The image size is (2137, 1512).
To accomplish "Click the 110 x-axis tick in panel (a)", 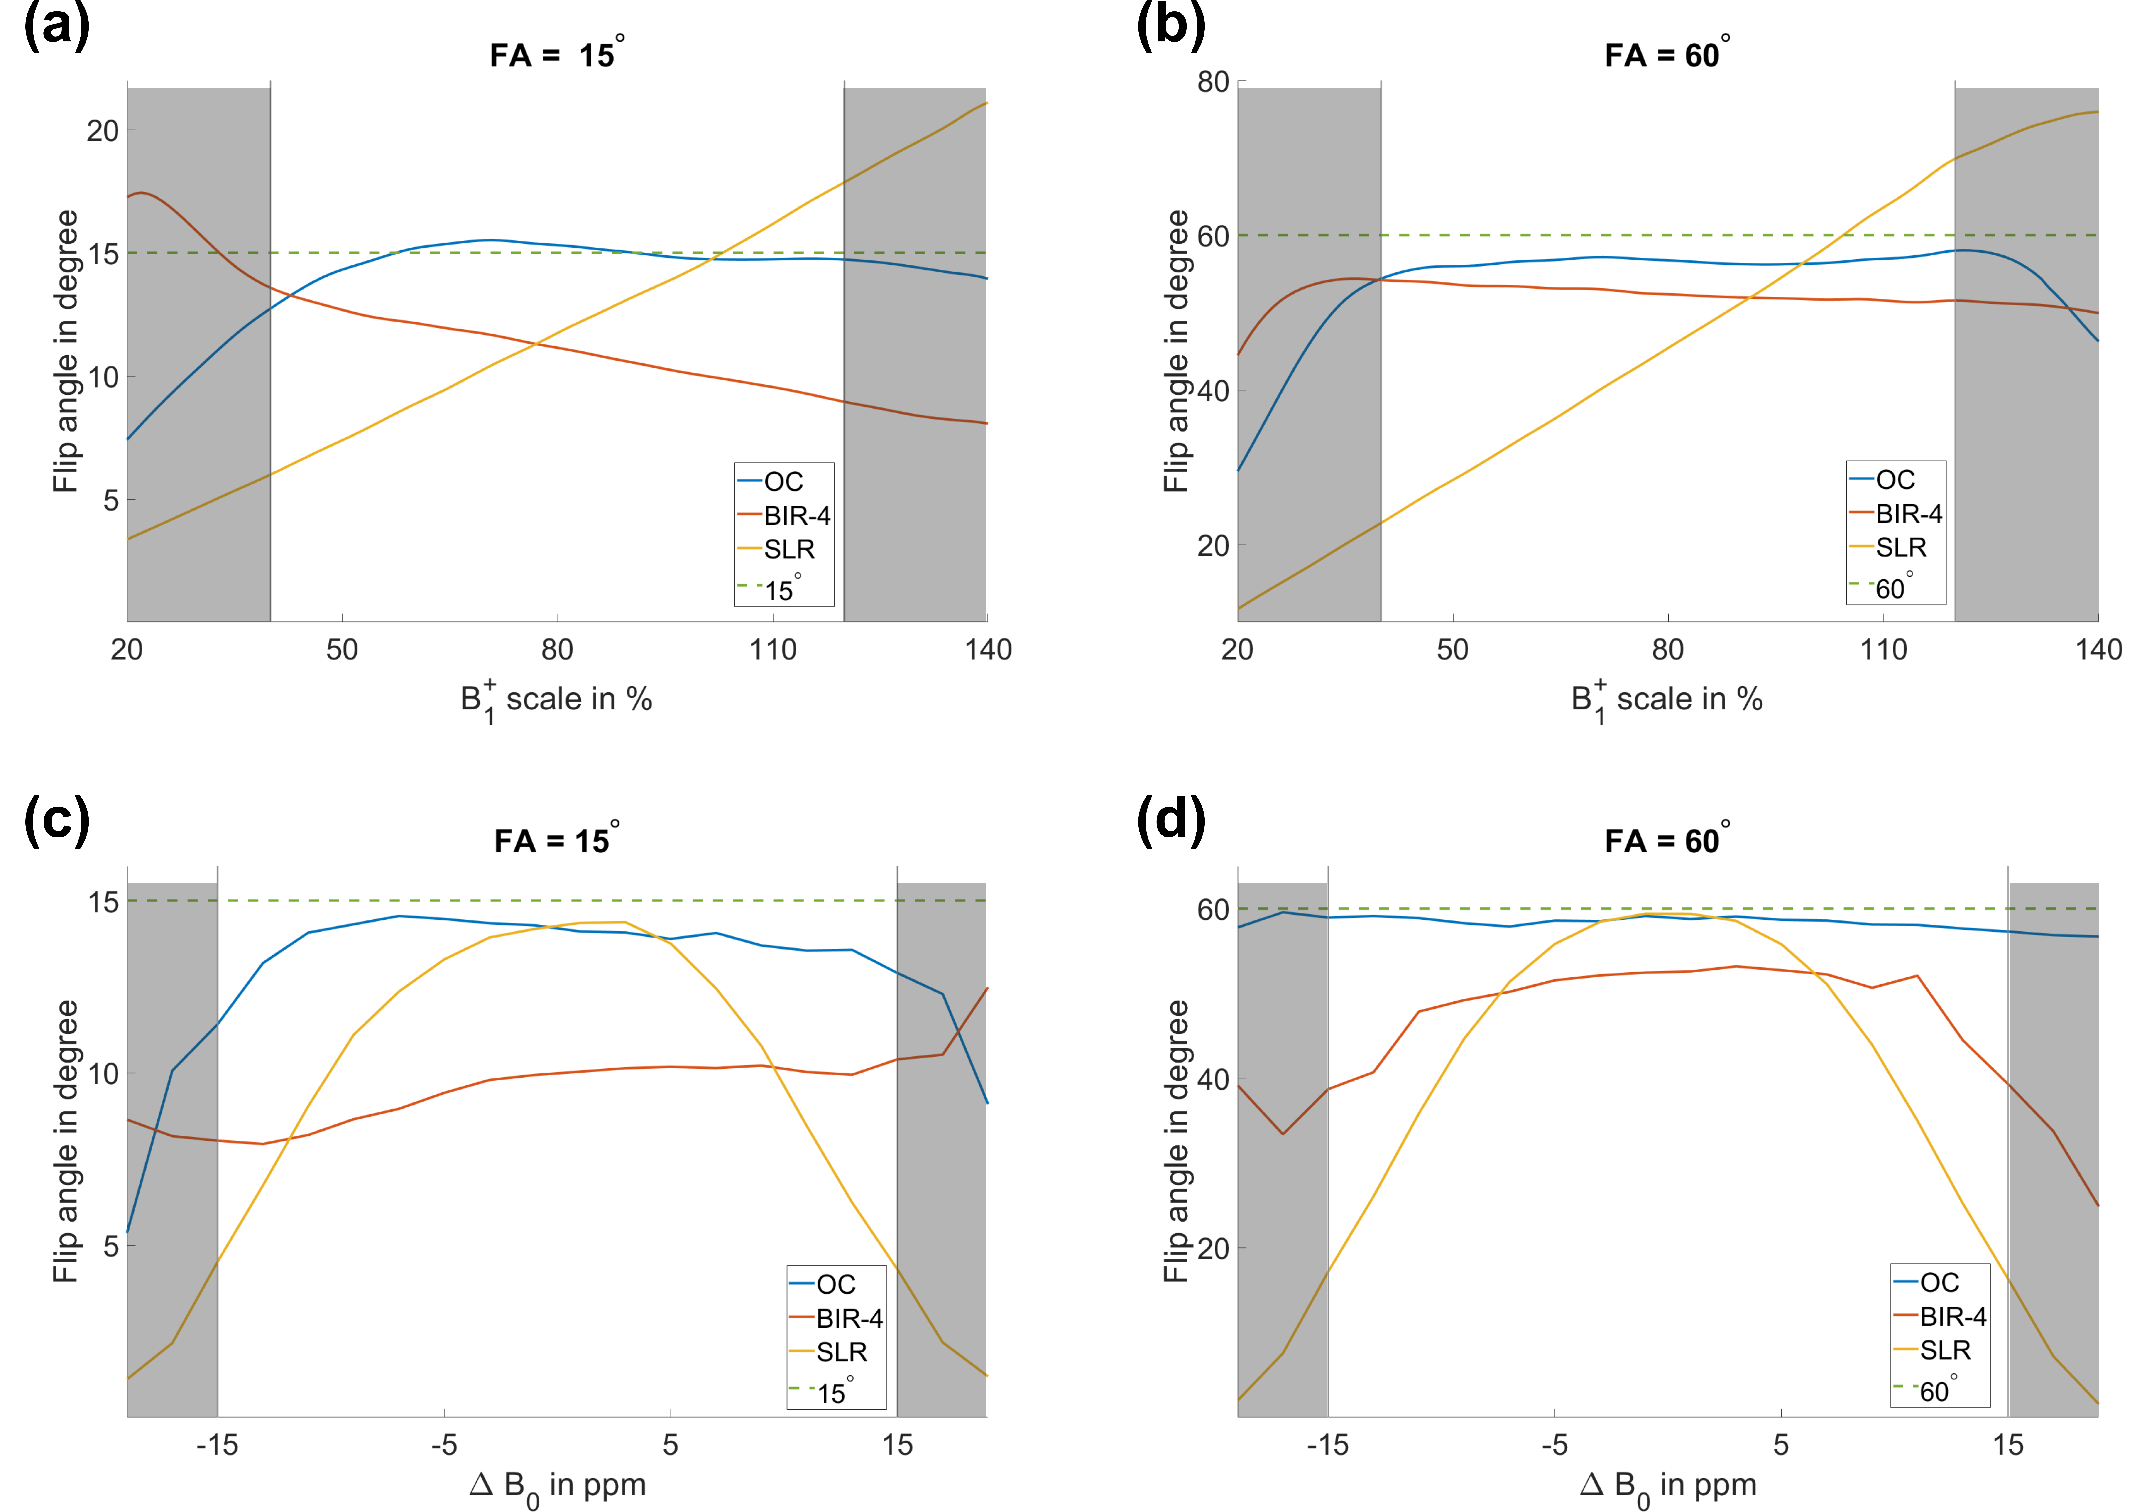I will (x=773, y=649).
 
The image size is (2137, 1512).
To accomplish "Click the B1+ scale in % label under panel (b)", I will (x=1666, y=699).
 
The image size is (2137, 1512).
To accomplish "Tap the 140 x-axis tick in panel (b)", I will (x=2098, y=649).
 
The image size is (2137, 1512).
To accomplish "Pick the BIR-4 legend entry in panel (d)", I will (x=1952, y=1316).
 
